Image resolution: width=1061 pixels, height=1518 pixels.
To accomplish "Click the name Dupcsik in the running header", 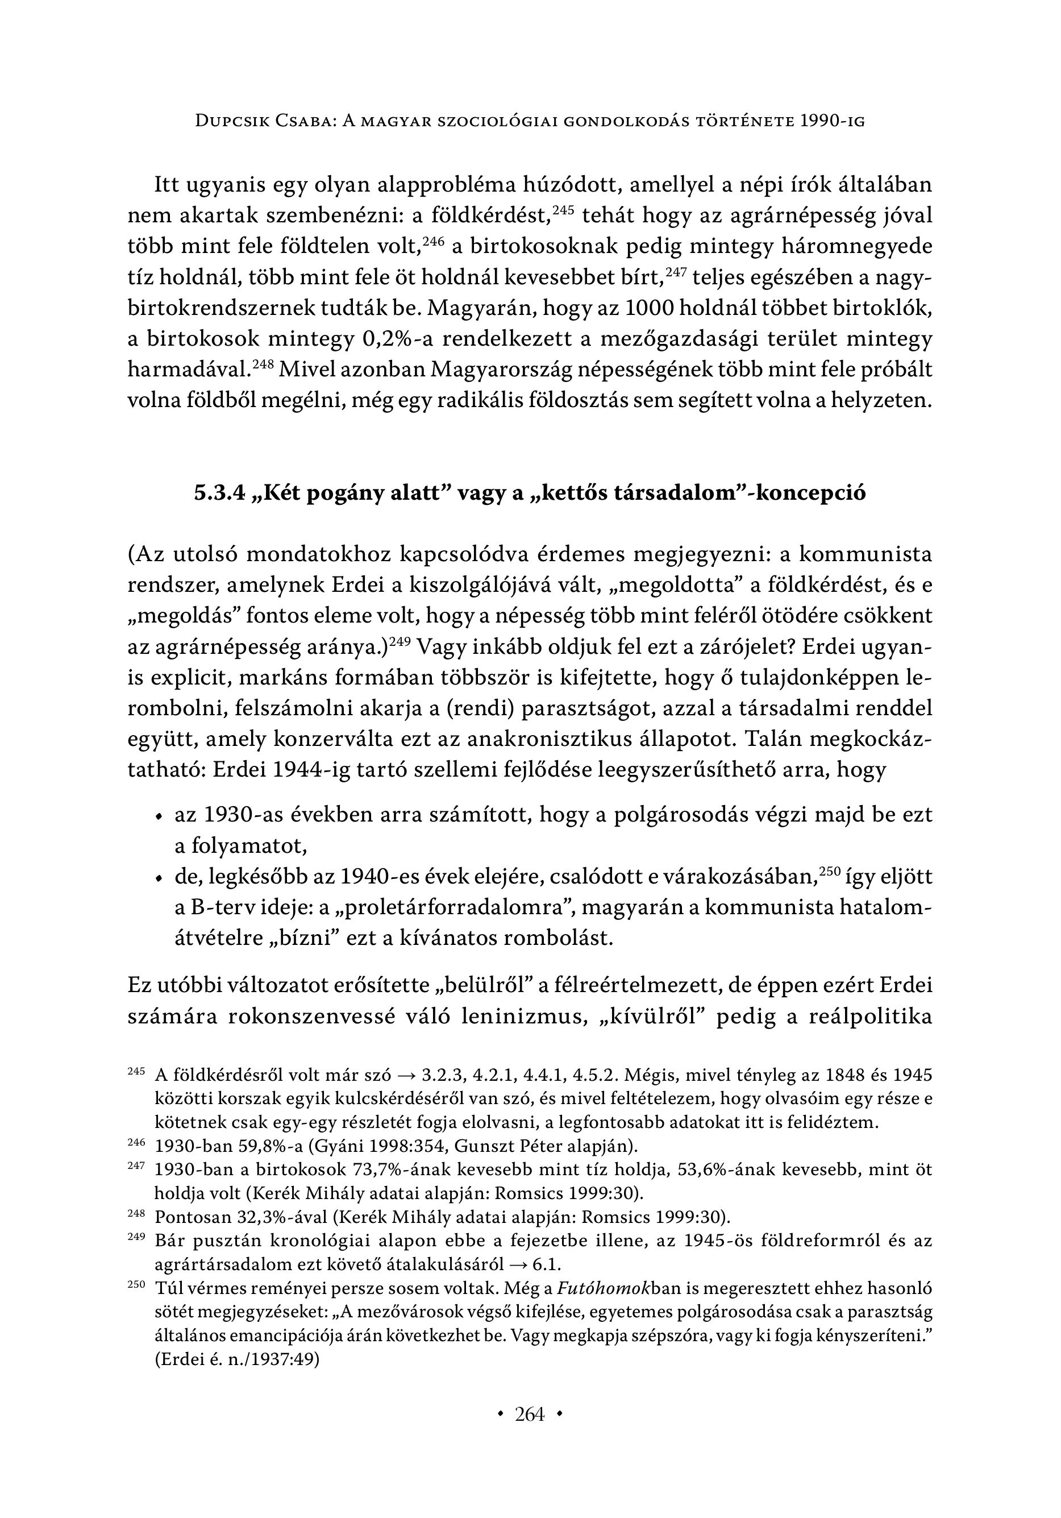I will click(235, 121).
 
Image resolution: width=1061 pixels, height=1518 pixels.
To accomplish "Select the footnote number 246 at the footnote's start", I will click(135, 1142).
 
